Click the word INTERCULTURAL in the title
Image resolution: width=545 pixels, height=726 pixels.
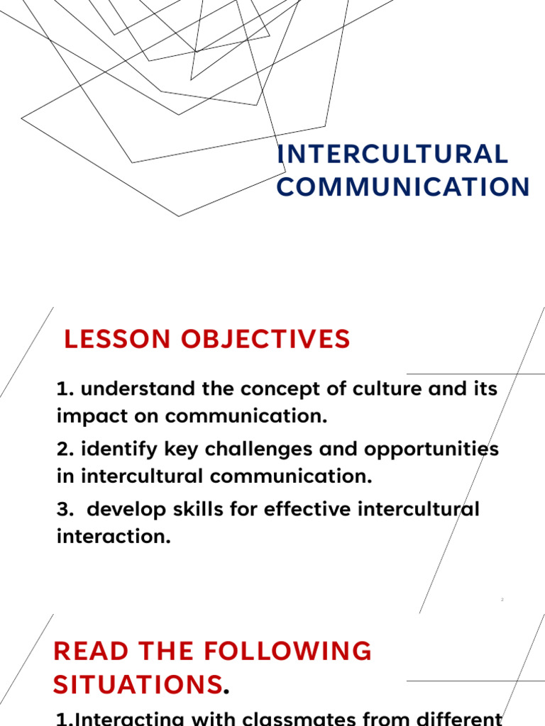pyautogui.click(x=392, y=155)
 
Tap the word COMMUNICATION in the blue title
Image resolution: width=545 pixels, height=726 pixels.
pyautogui.click(x=403, y=187)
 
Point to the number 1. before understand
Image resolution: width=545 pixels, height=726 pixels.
pyautogui.click(x=65, y=389)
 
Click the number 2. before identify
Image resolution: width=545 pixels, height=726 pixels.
pyautogui.click(x=66, y=449)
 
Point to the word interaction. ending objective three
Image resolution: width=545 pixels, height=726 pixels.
pyautogui.click(x=114, y=537)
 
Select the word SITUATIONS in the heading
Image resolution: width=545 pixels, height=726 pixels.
pyautogui.click(x=138, y=685)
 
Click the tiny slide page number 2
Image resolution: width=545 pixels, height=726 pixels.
pyautogui.click(x=502, y=600)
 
